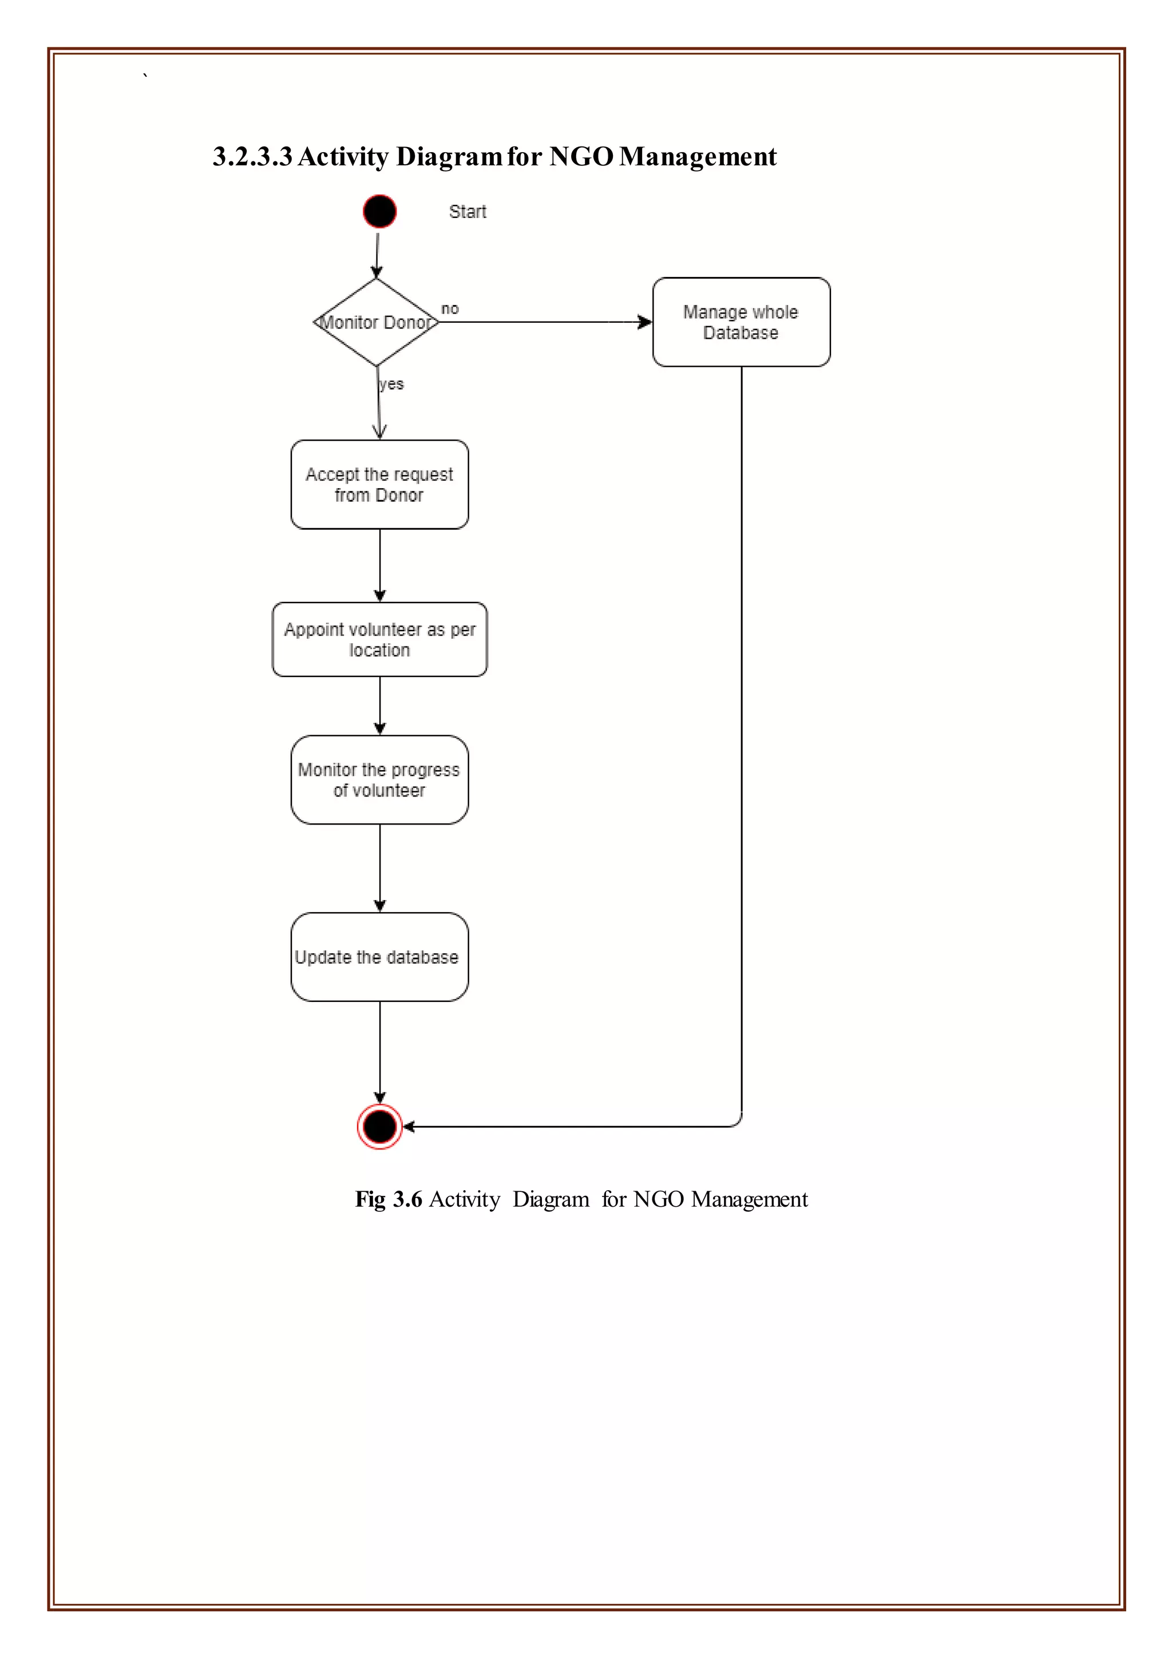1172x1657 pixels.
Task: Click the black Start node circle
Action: [x=379, y=212]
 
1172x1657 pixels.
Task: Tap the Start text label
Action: [x=468, y=212]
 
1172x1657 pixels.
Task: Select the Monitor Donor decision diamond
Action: [x=376, y=322]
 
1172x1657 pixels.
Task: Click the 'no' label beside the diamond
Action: [x=450, y=309]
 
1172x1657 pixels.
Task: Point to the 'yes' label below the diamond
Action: [x=392, y=384]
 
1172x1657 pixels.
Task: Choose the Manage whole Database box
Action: [x=741, y=322]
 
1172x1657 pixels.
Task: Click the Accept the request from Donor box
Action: [x=379, y=484]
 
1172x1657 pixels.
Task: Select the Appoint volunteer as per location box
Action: [x=379, y=640]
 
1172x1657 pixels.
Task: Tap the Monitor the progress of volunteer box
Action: [x=379, y=779]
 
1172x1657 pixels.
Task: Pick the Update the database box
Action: [x=379, y=957]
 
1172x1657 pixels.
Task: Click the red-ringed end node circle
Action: [x=379, y=1126]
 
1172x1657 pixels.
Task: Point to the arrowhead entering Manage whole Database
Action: [x=644, y=322]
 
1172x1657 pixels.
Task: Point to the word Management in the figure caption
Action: [x=749, y=1199]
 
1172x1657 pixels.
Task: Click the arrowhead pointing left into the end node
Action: [x=409, y=1126]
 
